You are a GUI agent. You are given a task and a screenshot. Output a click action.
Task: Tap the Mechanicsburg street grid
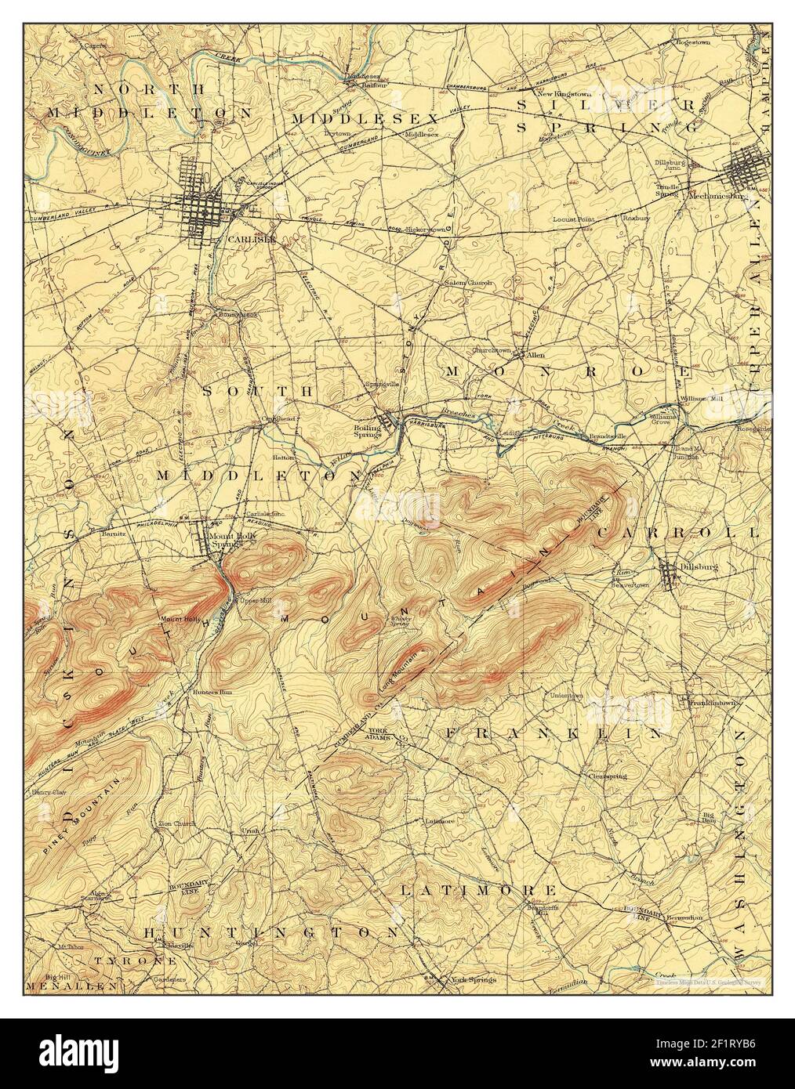pyautogui.click(x=748, y=168)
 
